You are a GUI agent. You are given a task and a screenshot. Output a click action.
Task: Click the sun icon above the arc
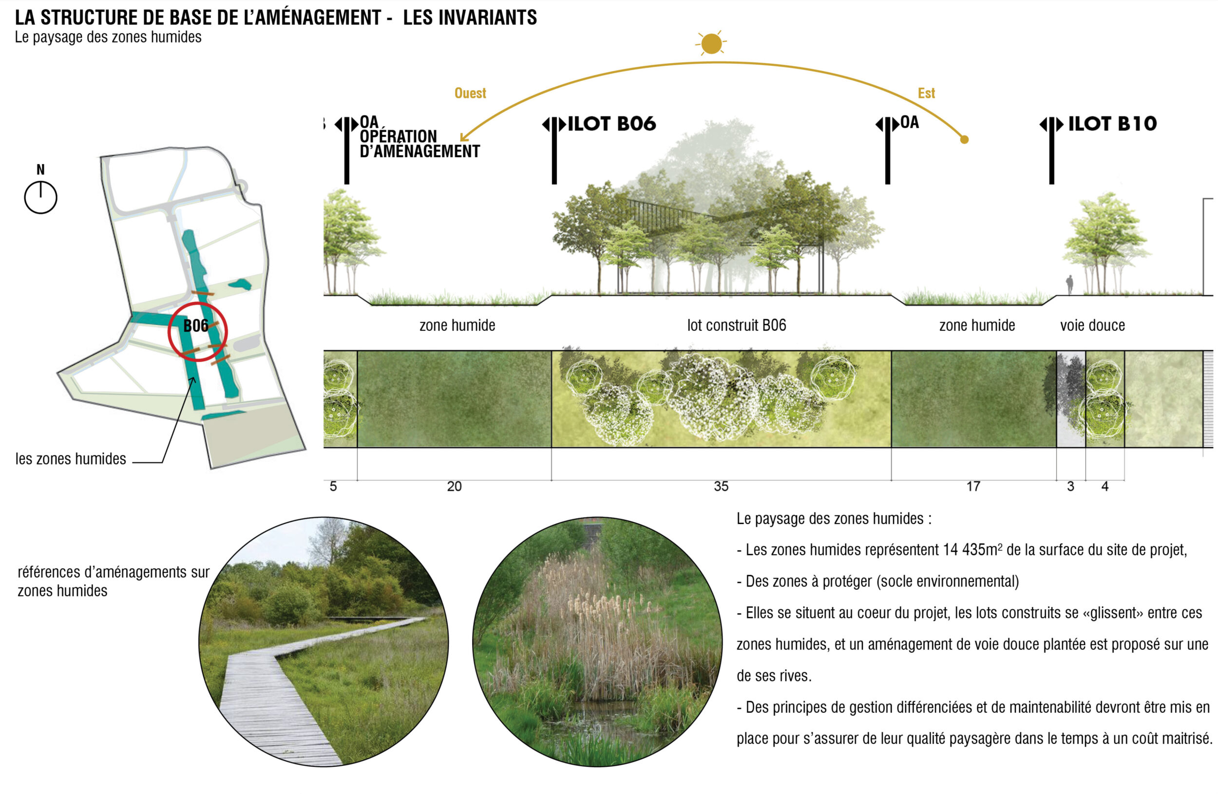pos(711,43)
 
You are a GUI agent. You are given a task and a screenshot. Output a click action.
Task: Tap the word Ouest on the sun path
pos(470,93)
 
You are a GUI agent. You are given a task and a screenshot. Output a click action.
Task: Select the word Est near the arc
pos(926,93)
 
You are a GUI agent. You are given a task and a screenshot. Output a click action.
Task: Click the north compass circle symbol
pos(40,197)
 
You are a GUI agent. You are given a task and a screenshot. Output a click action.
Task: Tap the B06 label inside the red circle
pos(195,326)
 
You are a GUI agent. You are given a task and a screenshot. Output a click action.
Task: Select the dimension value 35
pos(721,486)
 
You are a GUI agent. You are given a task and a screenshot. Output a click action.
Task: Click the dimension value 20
pos(454,486)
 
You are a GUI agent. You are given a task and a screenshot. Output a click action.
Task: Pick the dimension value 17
pos(973,486)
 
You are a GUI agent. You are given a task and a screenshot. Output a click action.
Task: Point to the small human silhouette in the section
pos(1069,285)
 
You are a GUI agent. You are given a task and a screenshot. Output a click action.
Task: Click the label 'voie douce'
pos(1092,325)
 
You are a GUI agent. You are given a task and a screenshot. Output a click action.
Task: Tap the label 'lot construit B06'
pos(737,325)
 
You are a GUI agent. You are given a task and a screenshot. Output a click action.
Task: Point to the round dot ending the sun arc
pos(964,139)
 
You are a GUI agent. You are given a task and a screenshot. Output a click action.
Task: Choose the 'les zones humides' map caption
pos(71,459)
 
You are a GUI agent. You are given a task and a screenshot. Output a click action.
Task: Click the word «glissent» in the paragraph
pos(1113,613)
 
